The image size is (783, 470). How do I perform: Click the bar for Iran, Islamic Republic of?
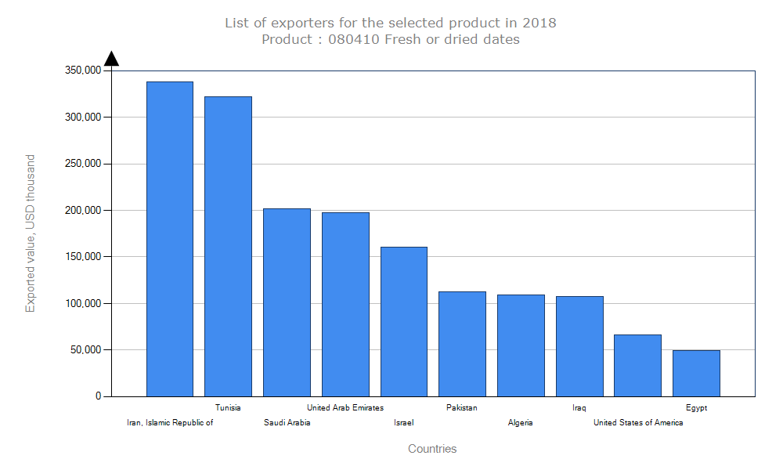(170, 239)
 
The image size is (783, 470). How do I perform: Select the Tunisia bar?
(228, 246)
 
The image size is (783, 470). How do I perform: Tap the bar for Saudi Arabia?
(287, 302)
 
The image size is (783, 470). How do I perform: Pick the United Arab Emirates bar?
(345, 304)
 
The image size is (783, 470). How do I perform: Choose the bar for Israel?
(404, 321)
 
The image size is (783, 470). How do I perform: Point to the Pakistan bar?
(462, 344)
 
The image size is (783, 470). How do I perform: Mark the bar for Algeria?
(521, 345)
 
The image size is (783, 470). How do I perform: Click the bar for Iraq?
(579, 346)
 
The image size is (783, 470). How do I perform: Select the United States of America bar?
(637, 365)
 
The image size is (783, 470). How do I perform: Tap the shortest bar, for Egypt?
(696, 373)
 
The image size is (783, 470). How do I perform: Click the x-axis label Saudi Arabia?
(287, 423)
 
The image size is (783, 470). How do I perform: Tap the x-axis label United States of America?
(637, 423)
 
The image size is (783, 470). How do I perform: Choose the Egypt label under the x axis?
(696, 407)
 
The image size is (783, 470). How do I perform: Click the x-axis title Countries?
(432, 449)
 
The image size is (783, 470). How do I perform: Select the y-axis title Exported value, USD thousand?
(31, 233)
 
